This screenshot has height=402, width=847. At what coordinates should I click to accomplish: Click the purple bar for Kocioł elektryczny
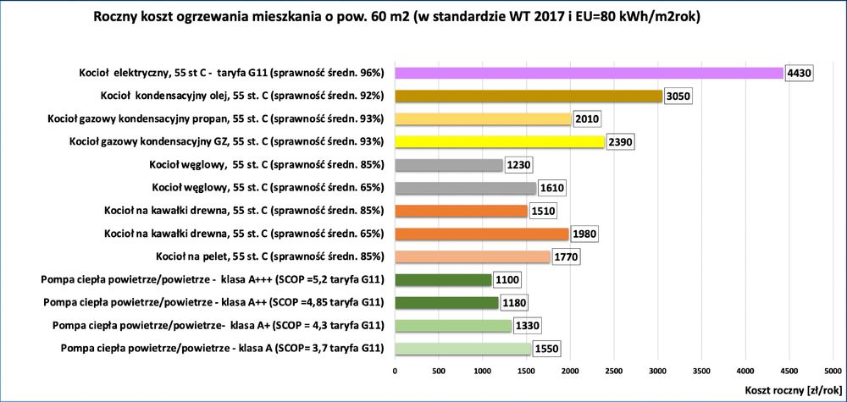[589, 73]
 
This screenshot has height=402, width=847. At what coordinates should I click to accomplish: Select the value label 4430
[800, 73]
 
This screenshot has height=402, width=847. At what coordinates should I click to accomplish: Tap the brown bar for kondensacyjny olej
[529, 96]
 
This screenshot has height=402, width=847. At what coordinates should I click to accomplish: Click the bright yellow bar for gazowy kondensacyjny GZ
[500, 141]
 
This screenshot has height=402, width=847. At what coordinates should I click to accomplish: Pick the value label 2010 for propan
[588, 118]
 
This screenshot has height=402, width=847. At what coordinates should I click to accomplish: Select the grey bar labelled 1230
[449, 164]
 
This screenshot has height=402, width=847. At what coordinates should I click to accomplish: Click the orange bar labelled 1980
[482, 233]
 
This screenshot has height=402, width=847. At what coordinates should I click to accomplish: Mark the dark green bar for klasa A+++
[443, 279]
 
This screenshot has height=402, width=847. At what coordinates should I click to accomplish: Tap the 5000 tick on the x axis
[833, 370]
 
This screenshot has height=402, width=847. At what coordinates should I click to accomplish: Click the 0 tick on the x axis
[395, 370]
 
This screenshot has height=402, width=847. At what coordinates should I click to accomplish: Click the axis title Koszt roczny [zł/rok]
[792, 390]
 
